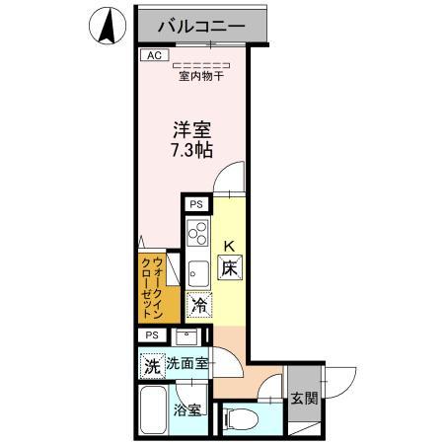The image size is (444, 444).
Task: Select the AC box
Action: click(x=153, y=56)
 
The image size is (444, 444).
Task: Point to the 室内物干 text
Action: click(x=199, y=75)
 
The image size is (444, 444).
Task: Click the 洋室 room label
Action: click(x=193, y=128)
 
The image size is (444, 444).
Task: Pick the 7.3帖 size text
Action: click(x=193, y=150)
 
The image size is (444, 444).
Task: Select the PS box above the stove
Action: click(x=196, y=204)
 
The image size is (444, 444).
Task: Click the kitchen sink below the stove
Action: click(x=195, y=269)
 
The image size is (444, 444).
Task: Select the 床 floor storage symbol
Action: click(x=229, y=266)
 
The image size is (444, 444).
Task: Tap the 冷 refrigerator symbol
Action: click(x=199, y=306)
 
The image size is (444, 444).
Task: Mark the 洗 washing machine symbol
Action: click(x=152, y=365)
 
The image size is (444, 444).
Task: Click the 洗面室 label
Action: click(x=186, y=363)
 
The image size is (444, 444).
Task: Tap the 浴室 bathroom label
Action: click(x=186, y=408)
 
